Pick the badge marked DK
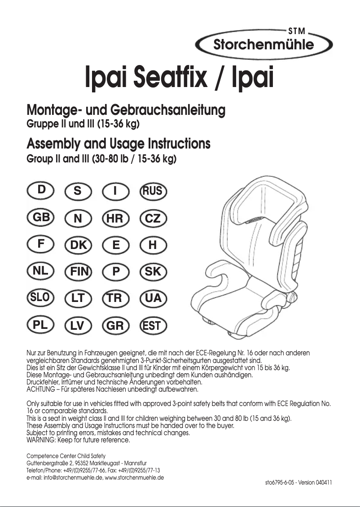[x=78, y=245]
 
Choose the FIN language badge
[x=78, y=271]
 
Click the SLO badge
[x=41, y=297]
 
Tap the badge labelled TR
[x=115, y=298]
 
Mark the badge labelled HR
[x=115, y=219]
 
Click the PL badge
[x=41, y=325]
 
